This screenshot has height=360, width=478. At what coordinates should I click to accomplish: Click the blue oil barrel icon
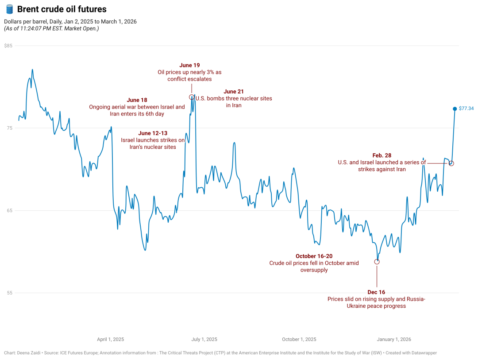9,9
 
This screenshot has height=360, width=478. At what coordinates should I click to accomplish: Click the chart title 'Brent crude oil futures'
62,9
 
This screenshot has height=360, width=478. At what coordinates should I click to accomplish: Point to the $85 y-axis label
8,46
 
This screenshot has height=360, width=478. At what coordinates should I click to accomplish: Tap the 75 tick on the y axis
9,128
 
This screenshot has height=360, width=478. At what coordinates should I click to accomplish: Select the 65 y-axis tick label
9,210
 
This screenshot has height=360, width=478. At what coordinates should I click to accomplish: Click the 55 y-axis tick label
9,293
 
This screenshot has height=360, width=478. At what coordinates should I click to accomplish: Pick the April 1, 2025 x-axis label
111,340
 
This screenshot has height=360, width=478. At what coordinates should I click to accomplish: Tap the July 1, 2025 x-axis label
204,340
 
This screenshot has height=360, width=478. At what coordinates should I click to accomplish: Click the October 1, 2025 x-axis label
299,340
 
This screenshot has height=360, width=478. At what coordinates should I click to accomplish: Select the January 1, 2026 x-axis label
394,340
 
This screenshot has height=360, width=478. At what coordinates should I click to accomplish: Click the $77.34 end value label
466,108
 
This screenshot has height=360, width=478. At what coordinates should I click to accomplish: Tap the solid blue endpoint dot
455,109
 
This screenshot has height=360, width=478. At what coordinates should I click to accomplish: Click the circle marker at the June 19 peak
192,97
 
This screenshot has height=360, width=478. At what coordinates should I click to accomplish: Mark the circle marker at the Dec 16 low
377,262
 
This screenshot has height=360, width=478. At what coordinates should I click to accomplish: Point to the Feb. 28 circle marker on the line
451,163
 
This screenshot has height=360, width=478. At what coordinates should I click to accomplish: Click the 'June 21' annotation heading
234,92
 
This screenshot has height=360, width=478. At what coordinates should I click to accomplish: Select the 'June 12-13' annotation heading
153,133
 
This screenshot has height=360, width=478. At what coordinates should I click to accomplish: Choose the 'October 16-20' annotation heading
314,256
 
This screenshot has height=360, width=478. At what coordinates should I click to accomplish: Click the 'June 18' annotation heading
137,100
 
